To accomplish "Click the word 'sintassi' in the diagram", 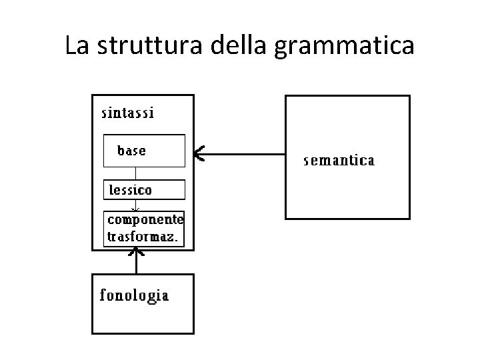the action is (127, 113).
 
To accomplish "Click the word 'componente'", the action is (145, 219).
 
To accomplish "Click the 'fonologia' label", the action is (134, 295).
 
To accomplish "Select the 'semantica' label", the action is (339, 161).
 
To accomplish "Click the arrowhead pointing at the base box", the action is (198, 155).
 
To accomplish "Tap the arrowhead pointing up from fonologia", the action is (137, 253).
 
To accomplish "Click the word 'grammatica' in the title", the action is (344, 45).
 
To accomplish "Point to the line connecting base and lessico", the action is (136, 173).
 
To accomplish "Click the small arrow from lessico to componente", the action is (136, 205).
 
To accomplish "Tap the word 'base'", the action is (131, 151).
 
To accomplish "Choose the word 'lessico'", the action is (131, 190).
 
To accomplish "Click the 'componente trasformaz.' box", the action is (144, 228).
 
